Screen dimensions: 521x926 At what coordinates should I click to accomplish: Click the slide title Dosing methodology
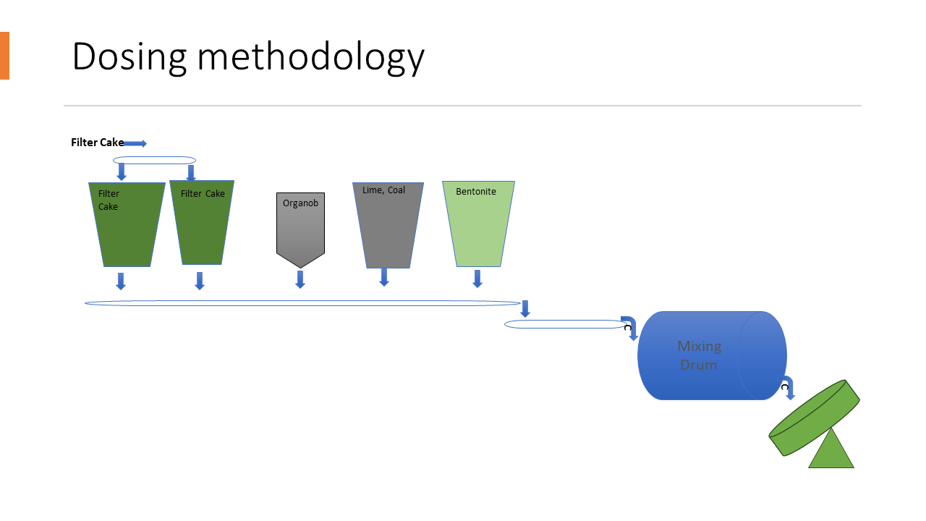(247, 56)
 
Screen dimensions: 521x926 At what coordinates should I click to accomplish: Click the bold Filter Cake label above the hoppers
(97, 143)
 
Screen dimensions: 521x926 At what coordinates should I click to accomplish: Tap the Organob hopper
(300, 228)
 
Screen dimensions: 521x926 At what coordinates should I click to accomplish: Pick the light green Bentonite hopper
(478, 228)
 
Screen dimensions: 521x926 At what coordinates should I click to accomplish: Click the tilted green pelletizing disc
(814, 418)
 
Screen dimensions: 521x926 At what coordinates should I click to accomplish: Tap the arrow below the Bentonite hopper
(477, 279)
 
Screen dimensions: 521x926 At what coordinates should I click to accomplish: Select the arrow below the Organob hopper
(300, 279)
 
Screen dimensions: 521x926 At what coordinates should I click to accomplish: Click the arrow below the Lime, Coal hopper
(384, 277)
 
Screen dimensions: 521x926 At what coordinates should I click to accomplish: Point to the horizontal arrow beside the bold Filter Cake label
(135, 143)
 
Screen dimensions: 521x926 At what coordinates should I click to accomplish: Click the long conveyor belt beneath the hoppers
(302, 303)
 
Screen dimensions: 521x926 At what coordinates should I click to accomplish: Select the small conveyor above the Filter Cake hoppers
(154, 161)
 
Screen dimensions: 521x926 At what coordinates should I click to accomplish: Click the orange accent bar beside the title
(4, 56)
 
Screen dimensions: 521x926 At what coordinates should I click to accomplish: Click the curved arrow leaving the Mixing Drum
(786, 388)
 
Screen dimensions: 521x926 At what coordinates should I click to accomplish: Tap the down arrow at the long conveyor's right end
(525, 309)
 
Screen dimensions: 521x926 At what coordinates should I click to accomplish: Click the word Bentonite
(476, 192)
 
